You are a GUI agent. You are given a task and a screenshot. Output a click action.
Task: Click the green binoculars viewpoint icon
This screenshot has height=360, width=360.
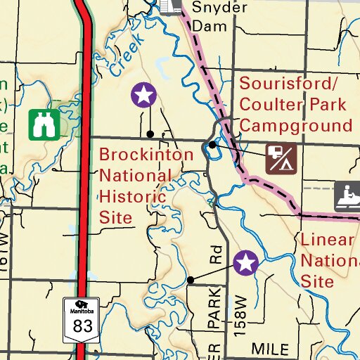[x=44, y=124]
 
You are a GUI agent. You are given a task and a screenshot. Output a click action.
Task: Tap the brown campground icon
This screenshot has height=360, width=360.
[x=280, y=158]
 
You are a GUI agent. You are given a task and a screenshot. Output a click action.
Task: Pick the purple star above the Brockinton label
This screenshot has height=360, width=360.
[x=143, y=94]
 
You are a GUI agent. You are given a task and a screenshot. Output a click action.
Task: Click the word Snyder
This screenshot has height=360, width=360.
[x=219, y=8]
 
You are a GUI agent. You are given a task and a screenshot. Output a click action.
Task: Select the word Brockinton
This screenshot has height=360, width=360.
[x=146, y=155]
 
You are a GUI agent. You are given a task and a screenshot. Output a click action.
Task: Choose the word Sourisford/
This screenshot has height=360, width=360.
[x=288, y=84]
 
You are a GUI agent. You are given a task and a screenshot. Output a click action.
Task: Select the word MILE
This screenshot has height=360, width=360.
[x=271, y=349]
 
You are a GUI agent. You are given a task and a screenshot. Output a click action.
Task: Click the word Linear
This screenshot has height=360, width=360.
[x=327, y=240]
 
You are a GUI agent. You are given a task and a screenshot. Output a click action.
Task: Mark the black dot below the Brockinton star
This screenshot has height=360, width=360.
[x=150, y=133]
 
